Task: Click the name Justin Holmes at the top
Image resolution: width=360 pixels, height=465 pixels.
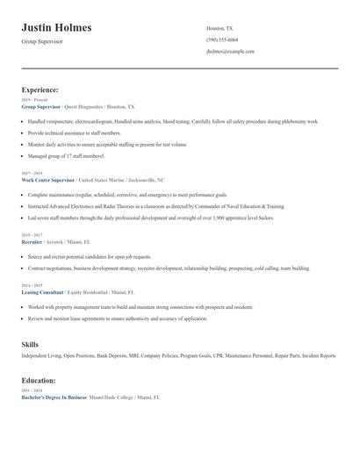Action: tap(56, 28)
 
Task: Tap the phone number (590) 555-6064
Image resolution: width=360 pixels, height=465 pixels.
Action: tap(221, 39)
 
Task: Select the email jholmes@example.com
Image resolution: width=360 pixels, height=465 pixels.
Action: tap(230, 51)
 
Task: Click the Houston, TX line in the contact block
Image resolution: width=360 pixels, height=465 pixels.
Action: tap(220, 28)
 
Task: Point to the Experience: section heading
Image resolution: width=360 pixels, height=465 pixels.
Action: tap(40, 89)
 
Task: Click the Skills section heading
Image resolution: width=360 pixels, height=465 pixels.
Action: tap(30, 345)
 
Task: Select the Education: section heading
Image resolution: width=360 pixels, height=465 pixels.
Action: tap(39, 381)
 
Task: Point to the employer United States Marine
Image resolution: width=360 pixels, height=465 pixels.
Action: tap(107, 180)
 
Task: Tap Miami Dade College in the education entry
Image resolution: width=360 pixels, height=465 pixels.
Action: tap(112, 397)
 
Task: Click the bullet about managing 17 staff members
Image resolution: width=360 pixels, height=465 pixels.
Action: tap(66, 155)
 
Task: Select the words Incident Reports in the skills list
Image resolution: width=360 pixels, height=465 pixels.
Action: tap(318, 356)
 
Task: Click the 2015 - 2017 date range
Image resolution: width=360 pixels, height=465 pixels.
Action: tap(32, 234)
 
